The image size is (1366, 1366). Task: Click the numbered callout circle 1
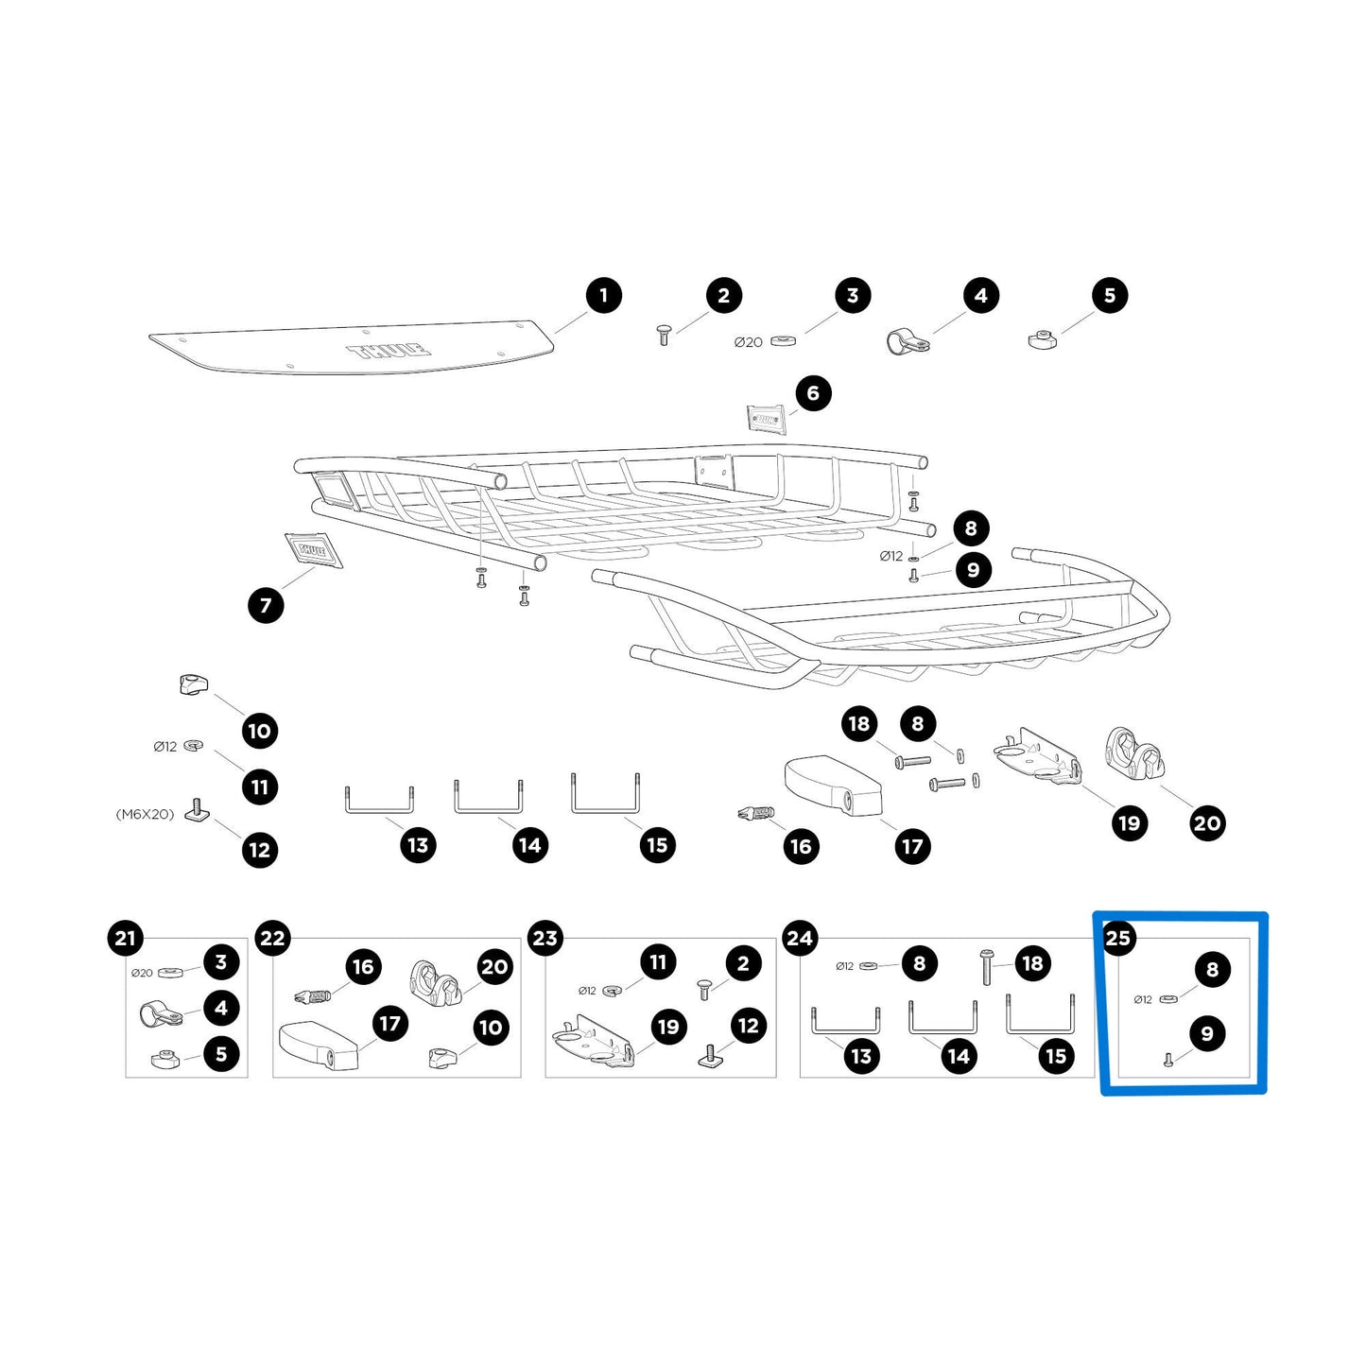[603, 296]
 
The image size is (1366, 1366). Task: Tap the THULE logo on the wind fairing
[389, 350]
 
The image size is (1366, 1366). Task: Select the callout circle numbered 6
[813, 393]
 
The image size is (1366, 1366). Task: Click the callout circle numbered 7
[266, 605]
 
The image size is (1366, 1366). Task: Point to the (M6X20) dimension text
[146, 814]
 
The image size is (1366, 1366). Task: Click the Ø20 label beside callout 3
[749, 342]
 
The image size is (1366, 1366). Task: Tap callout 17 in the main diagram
[912, 846]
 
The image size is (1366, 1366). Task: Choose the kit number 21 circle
[125, 938]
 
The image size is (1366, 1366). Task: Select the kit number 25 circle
[1118, 938]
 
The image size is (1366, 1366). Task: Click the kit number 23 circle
[545, 938]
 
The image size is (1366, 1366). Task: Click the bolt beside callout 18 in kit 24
[986, 967]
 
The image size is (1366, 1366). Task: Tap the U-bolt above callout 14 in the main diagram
[489, 798]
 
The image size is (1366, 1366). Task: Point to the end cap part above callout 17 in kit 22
[319, 1045]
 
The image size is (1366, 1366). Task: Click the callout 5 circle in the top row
[1110, 296]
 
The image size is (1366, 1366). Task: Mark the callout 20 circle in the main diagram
[1207, 823]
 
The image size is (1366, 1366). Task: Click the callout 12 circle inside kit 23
[749, 1026]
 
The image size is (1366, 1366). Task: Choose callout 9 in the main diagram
[974, 569]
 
